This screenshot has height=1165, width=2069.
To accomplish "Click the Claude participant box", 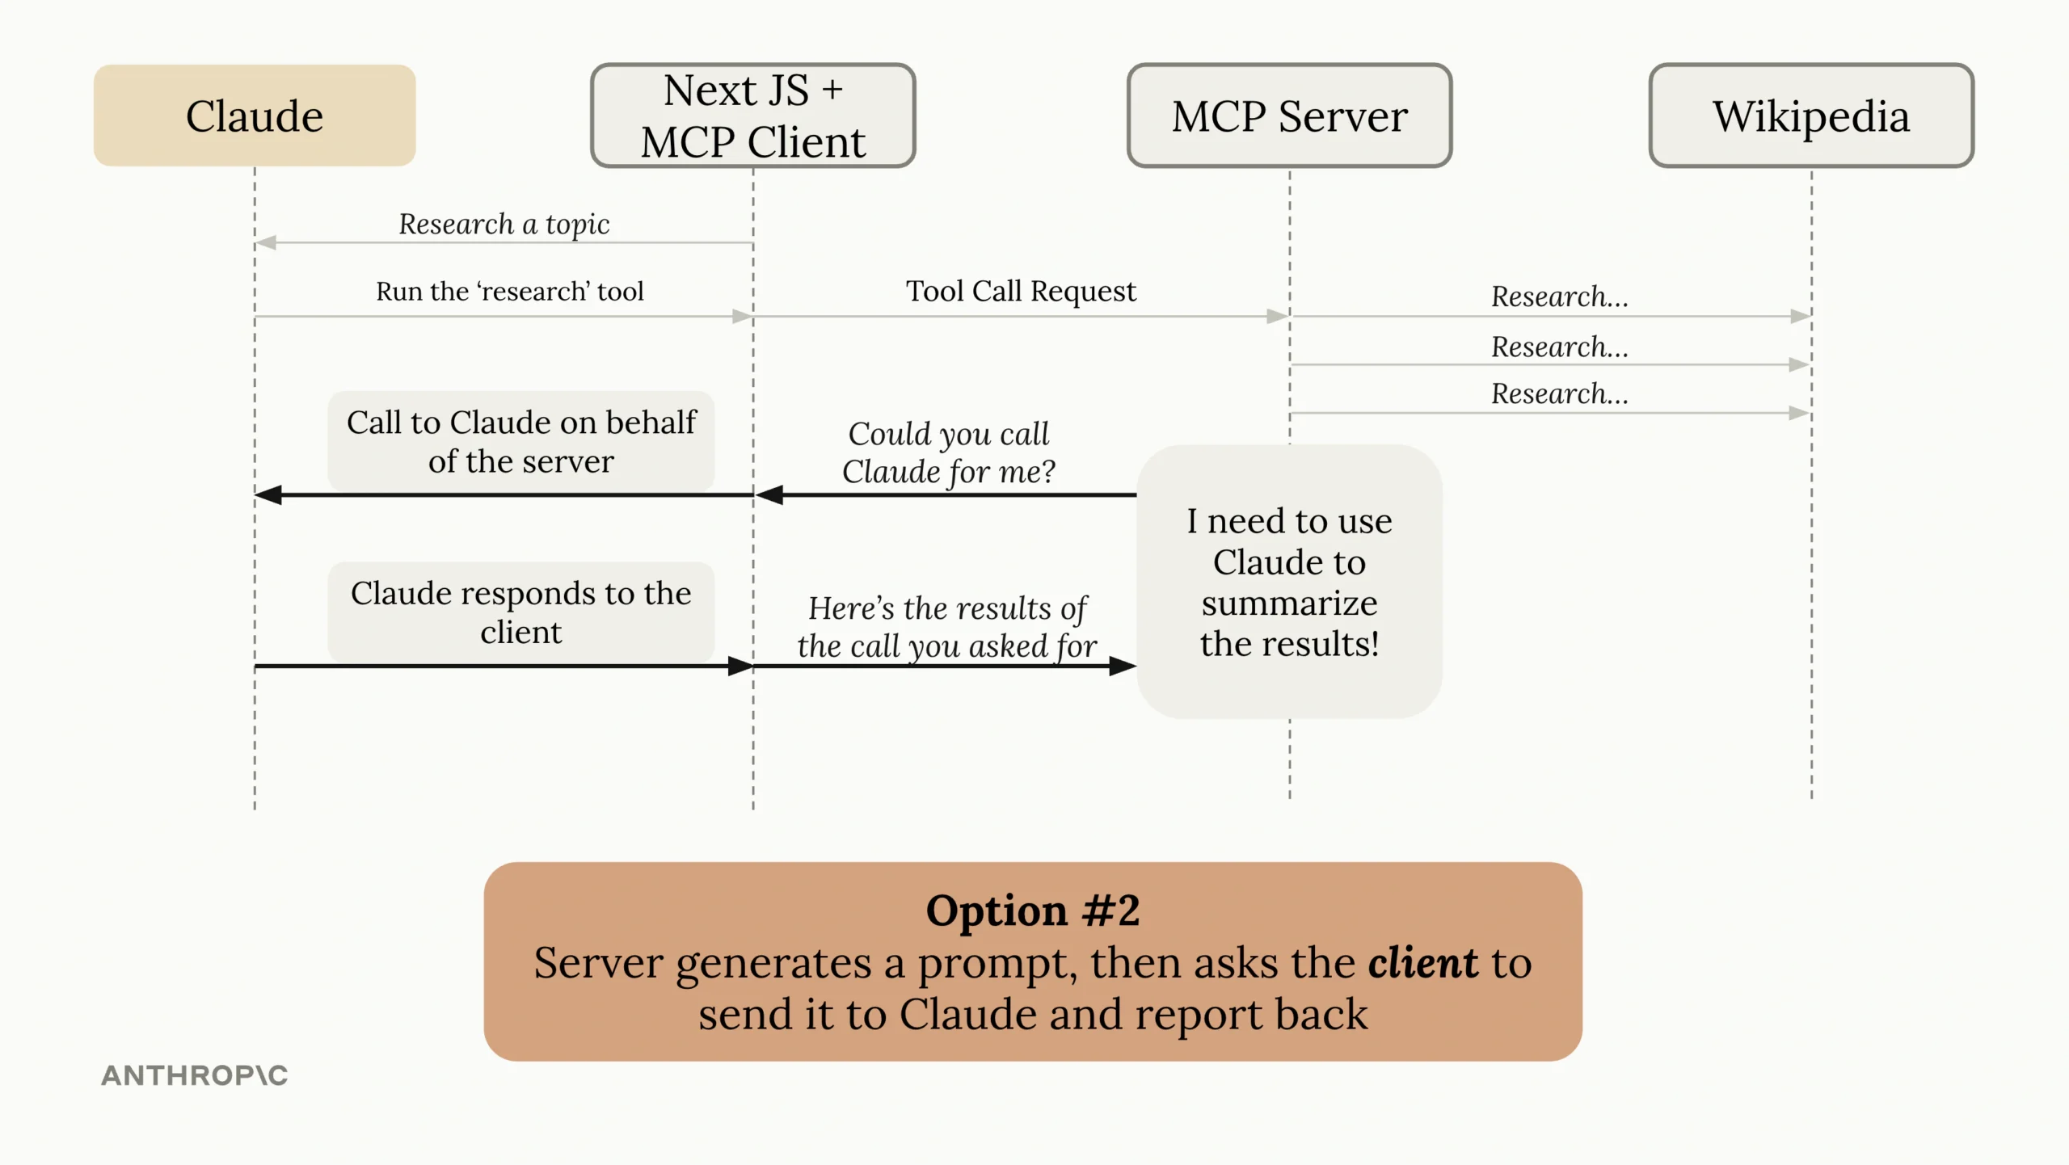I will click(255, 116).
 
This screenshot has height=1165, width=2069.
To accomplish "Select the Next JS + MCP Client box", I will click(752, 116).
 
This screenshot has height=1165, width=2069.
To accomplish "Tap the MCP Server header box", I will click(1289, 116).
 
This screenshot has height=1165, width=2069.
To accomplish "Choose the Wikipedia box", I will click(1810, 116).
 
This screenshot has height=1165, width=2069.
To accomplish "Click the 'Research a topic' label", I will click(504, 224).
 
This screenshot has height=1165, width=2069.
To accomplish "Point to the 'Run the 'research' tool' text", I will click(509, 291).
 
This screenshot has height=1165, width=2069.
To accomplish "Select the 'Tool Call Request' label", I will click(1020, 291).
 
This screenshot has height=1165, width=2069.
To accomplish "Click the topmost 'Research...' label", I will click(1559, 297).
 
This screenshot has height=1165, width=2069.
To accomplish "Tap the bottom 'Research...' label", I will click(1559, 393).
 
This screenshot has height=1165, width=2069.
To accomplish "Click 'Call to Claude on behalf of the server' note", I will click(520, 441).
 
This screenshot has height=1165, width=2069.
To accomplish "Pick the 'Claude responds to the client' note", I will click(520, 612).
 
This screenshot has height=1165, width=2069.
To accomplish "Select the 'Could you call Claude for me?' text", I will click(948, 452).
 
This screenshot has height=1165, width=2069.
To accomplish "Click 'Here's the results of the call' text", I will click(946, 627).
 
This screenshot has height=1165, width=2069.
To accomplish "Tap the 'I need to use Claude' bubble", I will click(1289, 582).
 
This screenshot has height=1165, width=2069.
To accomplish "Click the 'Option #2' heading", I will click(1032, 911).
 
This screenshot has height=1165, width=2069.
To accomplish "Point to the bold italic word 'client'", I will click(1422, 962).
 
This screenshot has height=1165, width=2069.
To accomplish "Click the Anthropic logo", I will click(194, 1075).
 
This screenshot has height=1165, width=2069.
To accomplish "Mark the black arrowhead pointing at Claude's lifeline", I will click(268, 494).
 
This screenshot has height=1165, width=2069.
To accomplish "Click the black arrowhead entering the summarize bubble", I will click(1123, 666).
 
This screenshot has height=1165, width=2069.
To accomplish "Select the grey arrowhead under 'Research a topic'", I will click(266, 242).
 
